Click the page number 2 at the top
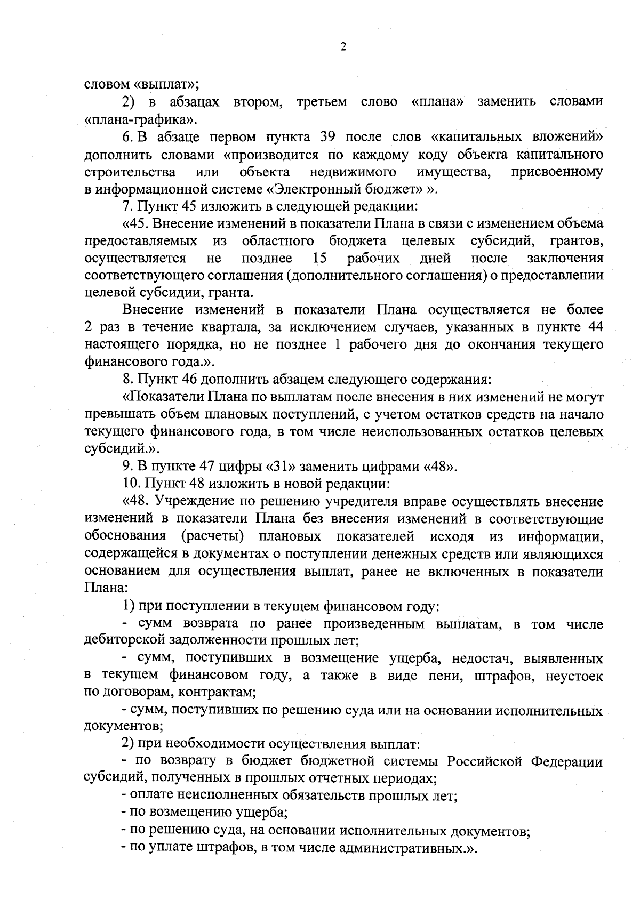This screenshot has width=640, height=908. [x=343, y=47]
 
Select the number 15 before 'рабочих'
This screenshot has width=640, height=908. [x=320, y=259]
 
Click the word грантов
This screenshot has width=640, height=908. [x=577, y=241]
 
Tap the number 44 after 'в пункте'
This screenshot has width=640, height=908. [x=594, y=327]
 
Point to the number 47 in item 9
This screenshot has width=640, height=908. [x=199, y=467]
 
